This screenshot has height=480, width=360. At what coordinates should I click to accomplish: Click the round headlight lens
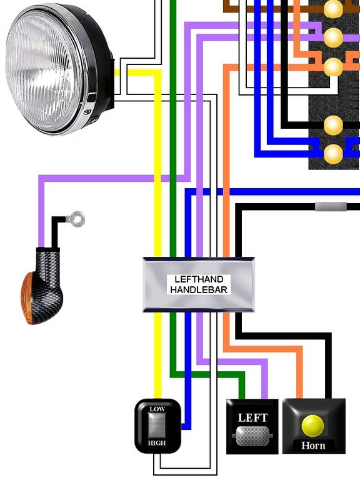(43, 69)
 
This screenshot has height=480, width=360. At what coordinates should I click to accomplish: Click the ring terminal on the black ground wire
(76, 219)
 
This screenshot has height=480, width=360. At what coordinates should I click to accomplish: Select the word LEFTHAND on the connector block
(199, 279)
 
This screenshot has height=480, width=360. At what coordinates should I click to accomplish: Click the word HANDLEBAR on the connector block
(199, 289)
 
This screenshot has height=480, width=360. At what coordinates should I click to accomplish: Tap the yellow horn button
(312, 426)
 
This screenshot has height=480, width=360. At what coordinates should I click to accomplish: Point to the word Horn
(313, 446)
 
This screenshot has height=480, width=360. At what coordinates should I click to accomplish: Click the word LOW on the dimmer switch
(157, 409)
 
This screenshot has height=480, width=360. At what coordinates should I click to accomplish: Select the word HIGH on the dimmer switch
(157, 443)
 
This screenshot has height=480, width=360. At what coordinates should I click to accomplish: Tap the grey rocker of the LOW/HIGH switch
(157, 426)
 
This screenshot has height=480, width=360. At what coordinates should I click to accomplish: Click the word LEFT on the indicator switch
(252, 417)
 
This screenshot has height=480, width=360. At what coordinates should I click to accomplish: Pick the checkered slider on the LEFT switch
(252, 436)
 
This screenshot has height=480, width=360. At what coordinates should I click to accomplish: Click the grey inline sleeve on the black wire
(331, 207)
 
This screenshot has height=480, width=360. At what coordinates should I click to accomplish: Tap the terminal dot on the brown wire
(333, 9)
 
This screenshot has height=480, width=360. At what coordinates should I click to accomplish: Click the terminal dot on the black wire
(333, 125)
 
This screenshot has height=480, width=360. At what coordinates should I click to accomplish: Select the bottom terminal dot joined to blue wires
(333, 154)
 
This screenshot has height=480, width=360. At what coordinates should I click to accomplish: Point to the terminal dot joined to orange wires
(333, 67)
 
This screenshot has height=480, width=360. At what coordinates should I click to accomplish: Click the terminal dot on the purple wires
(333, 37)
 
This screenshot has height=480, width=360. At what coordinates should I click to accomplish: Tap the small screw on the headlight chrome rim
(87, 112)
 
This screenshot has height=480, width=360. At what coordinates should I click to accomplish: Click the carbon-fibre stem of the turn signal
(49, 266)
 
